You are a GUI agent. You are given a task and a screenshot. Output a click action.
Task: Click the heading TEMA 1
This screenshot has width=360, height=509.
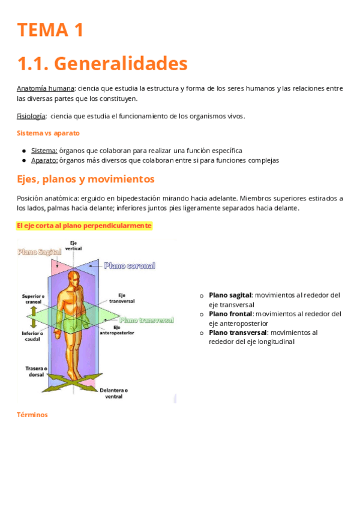click(50, 30)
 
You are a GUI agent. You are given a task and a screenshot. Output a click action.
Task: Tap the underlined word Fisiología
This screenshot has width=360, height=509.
click(31, 116)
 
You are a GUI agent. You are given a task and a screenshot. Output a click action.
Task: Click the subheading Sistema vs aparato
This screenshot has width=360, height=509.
click(48, 133)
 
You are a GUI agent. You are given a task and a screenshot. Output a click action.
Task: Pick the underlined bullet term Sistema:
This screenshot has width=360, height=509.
click(44, 151)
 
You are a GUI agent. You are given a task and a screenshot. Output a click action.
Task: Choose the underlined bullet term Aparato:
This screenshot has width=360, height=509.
click(44, 160)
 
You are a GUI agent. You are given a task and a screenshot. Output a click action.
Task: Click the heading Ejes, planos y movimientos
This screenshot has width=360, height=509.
click(86, 179)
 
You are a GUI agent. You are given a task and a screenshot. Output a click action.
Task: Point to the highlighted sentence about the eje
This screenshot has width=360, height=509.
click(84, 226)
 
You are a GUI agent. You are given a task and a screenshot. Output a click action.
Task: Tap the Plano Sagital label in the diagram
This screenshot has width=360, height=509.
click(40, 253)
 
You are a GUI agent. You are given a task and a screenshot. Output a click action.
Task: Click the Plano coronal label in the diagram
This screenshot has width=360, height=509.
click(129, 265)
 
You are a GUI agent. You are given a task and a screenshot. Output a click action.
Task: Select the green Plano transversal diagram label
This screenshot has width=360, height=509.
click(147, 320)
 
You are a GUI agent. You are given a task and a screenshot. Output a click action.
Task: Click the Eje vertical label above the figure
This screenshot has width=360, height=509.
click(74, 245)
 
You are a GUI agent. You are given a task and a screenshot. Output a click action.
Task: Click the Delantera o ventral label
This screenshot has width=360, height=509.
click(113, 393)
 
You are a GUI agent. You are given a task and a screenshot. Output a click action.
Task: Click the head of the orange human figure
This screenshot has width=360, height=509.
click(74, 277)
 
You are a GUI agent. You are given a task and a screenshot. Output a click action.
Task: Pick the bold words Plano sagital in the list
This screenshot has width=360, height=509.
click(230, 295)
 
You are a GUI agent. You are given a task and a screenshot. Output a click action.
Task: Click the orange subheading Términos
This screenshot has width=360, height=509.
click(32, 415)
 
